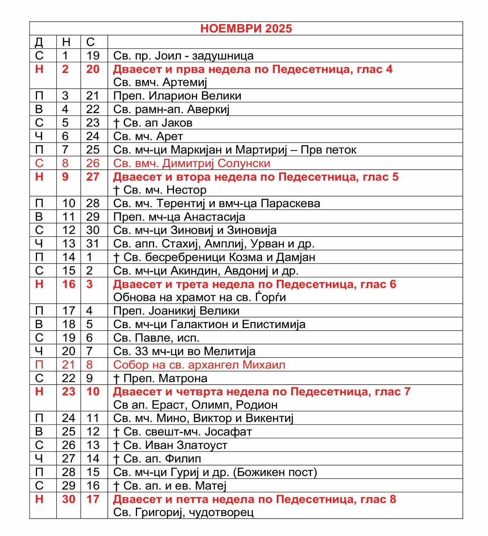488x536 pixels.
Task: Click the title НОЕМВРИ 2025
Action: coord(246,29)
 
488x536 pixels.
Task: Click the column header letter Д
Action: coord(39,42)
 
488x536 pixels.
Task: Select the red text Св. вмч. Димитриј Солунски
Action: coord(192,163)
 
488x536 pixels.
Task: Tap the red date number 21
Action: coord(69,365)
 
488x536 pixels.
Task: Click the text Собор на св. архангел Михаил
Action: coord(199,365)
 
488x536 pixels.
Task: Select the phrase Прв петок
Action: coord(328,150)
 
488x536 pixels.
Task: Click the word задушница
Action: coord(223,56)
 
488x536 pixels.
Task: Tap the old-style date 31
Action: coord(93,244)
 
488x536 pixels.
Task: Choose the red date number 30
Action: coord(69,499)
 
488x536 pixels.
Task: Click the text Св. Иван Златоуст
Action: coord(175,445)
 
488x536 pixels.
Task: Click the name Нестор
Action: coord(186,190)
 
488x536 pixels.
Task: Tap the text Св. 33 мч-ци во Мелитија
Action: coord(185,351)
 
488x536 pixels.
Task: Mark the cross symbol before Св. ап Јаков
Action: coord(116,123)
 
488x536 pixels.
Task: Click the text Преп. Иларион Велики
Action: coord(177,96)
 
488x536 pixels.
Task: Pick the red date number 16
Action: coord(69,284)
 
